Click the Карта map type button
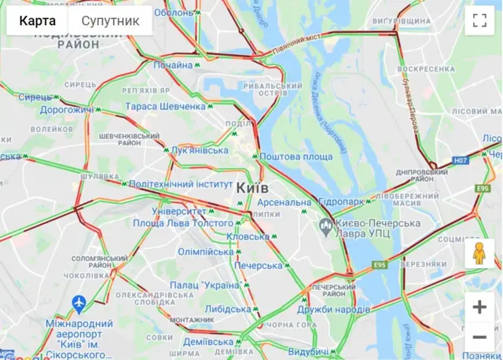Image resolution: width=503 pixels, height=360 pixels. [38, 21]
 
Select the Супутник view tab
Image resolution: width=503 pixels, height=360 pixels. [110, 21]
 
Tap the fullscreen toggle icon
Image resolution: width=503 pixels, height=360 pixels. [479, 21]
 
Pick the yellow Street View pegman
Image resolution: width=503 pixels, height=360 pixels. [479, 253]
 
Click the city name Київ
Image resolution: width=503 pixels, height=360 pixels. [252, 189]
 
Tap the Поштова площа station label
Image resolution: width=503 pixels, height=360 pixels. [296, 157]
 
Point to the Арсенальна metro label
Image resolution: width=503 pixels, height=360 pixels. [284, 203]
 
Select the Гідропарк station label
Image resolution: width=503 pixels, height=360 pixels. [342, 202]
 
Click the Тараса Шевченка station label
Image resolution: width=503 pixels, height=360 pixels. [165, 106]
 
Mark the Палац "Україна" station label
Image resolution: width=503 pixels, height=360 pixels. [204, 285]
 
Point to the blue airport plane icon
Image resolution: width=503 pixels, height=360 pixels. [78, 303]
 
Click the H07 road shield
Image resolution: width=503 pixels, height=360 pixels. [460, 161]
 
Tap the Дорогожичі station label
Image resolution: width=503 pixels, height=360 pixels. [67, 110]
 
